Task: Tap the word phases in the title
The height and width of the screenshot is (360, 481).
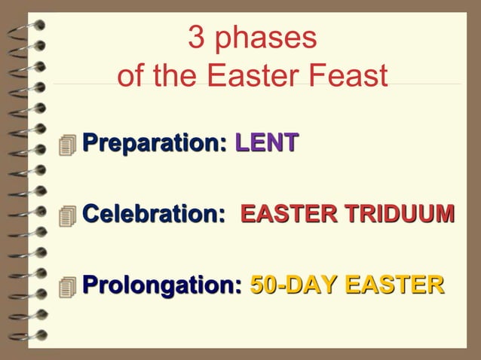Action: click(x=264, y=40)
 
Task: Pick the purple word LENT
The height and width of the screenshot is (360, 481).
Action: click(x=267, y=141)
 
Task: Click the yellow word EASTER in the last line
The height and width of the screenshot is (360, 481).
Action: click(x=394, y=286)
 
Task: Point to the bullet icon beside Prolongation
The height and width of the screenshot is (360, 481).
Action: click(x=69, y=287)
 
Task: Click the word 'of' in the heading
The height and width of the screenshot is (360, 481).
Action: click(x=130, y=76)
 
